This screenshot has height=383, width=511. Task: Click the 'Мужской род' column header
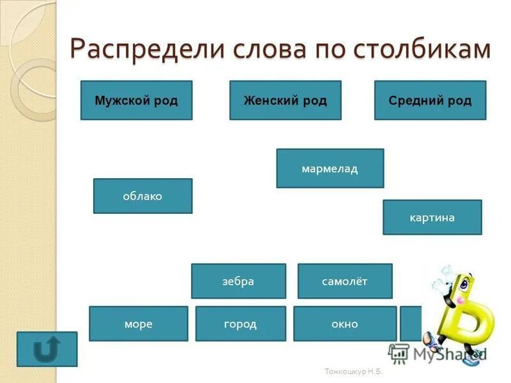pyautogui.click(x=136, y=100)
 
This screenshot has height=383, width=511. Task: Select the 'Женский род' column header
pyautogui.click(x=285, y=100)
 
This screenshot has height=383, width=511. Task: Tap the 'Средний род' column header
pyautogui.click(x=430, y=100)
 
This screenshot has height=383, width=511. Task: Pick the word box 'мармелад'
pyautogui.click(x=330, y=169)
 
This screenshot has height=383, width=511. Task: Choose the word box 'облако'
pyautogui.click(x=142, y=196)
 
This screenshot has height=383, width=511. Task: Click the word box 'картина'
pyautogui.click(x=432, y=218)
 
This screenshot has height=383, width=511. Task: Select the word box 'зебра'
pyautogui.click(x=238, y=282)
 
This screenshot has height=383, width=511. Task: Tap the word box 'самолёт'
pyautogui.click(x=345, y=282)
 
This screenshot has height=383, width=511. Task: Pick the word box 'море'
pyautogui.click(x=138, y=324)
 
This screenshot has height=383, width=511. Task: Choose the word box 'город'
pyautogui.click(x=240, y=324)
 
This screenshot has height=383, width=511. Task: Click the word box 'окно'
pyautogui.click(x=344, y=324)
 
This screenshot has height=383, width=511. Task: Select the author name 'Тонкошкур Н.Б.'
pyautogui.click(x=353, y=372)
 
